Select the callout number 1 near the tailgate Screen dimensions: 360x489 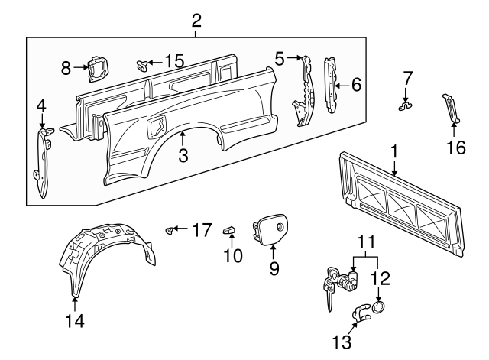pos(393,153)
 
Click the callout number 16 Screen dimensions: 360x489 pos(455,146)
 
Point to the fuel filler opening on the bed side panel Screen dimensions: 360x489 pos(157,123)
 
